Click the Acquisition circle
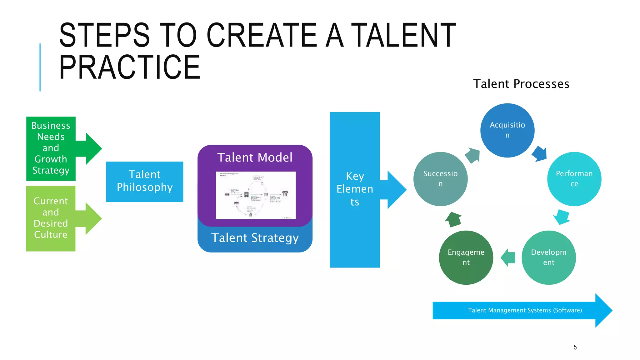coord(507,130)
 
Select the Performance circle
coord(574,179)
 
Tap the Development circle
coord(548,257)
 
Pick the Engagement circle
coord(466,257)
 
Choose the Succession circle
coord(440,179)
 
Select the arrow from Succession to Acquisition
coord(472,155)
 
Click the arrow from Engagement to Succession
coord(453,219)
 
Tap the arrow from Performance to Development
coord(562,217)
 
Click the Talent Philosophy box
coord(144,181)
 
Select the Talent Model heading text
coord(255,157)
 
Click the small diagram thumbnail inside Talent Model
coord(256,195)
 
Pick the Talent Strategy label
coord(255,238)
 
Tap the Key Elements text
coord(355,189)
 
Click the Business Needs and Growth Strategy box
coord(51,148)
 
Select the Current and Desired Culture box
coord(51,218)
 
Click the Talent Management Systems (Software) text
coord(525,310)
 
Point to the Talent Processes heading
coord(521,84)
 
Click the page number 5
coord(575,347)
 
